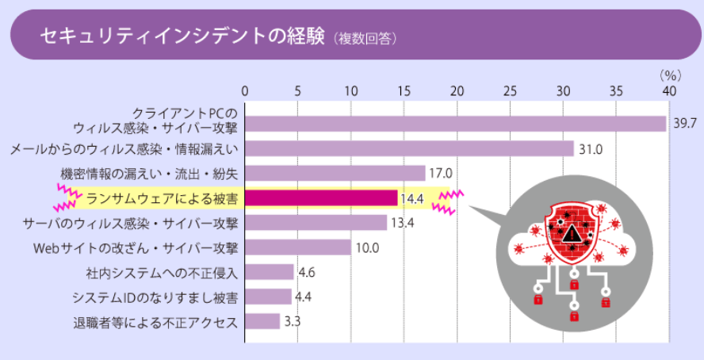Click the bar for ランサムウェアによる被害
321,198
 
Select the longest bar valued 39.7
455,124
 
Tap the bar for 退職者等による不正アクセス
262,321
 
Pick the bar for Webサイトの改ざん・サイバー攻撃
297,247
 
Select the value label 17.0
439,173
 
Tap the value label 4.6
307,272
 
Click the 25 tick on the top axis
510,90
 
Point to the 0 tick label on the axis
245,90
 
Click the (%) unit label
671,75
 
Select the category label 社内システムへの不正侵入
163,273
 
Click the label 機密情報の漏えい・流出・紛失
149,174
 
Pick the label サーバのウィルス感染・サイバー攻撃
130,223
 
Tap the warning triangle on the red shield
571,233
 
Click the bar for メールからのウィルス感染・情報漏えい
409,148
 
